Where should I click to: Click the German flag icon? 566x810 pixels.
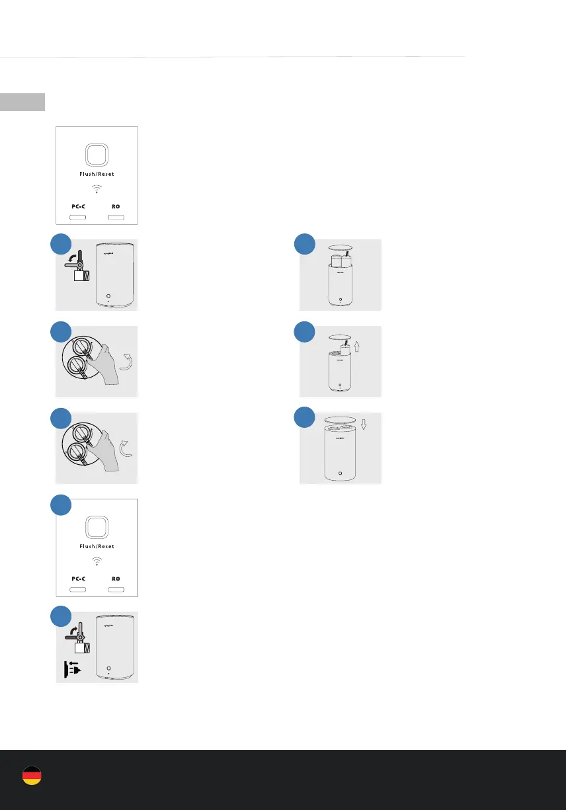click(32, 776)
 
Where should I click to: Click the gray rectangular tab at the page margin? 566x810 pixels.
click(22, 102)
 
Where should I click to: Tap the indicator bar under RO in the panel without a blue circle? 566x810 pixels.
click(116, 217)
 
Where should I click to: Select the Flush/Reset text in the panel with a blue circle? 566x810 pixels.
click(97, 546)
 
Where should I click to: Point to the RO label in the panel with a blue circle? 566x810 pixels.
click(116, 578)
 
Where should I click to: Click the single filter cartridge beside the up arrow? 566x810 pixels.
click(344, 350)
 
